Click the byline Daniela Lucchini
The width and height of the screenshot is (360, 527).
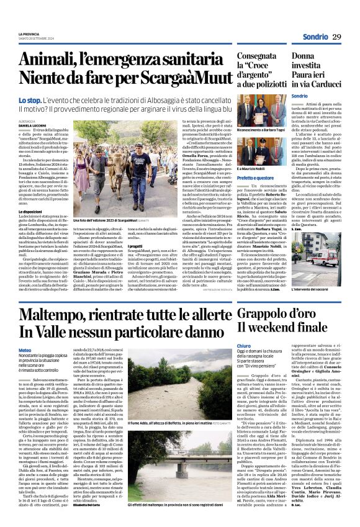[32, 126]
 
